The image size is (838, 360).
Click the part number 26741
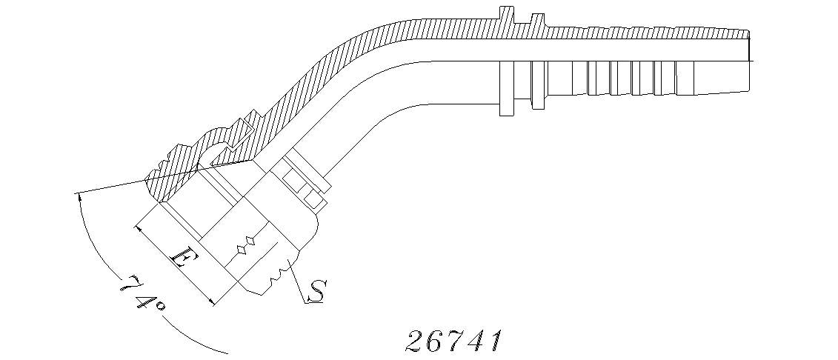click(454, 341)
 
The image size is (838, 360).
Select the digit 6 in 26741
click(435, 341)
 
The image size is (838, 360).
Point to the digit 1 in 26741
click(496, 341)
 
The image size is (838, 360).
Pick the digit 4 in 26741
click(476, 341)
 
